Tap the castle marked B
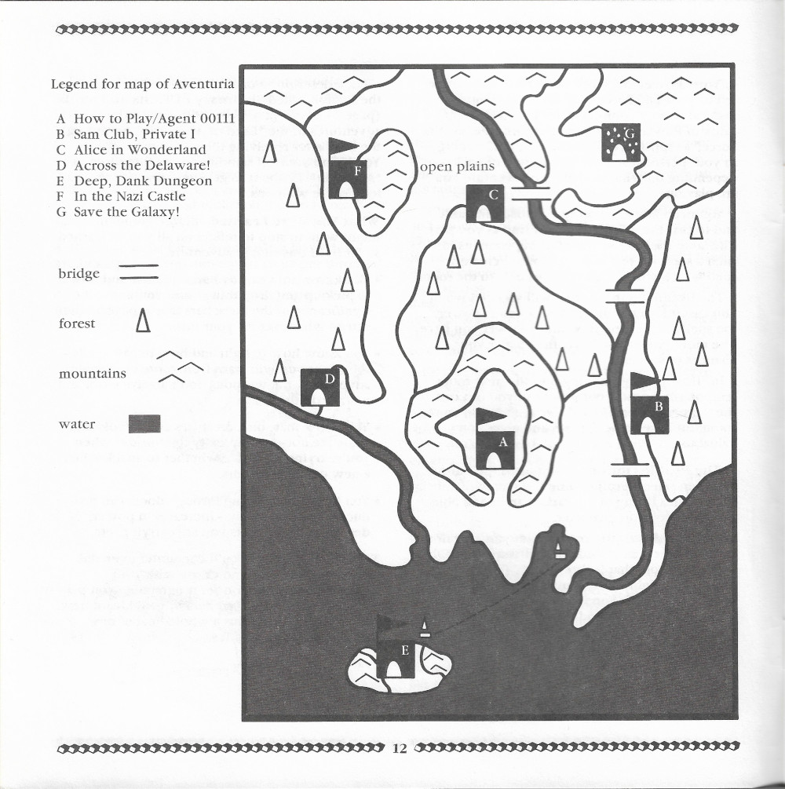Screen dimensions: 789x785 pos(649,412)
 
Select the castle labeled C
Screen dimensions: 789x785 pos(484,204)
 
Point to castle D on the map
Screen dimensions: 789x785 pos(320,387)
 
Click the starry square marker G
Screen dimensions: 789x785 pos(621,143)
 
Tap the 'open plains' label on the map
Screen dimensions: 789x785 pos(458,166)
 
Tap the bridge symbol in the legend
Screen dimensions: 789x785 pos(139,272)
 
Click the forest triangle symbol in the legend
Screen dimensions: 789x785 pos(142,320)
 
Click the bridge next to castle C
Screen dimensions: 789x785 pos(531,193)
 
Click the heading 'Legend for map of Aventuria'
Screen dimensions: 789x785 pos(144,85)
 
